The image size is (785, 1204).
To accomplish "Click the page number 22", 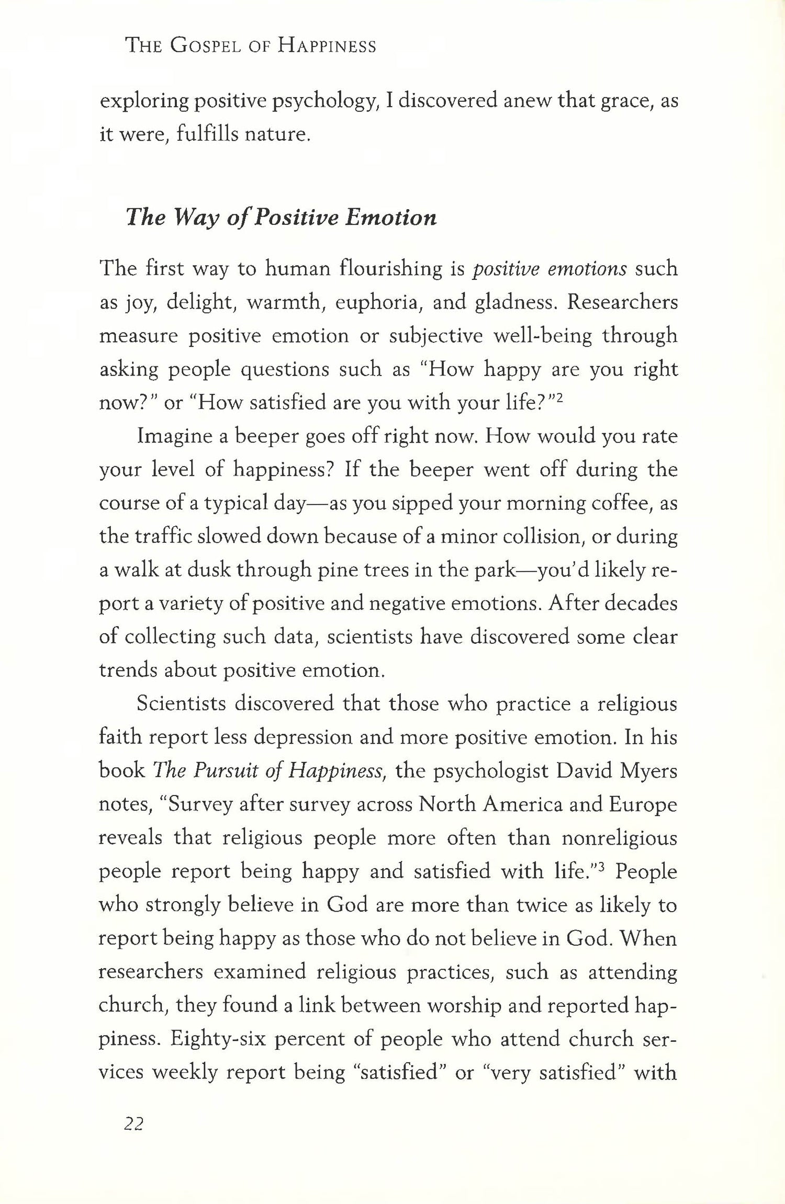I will (133, 1123).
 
